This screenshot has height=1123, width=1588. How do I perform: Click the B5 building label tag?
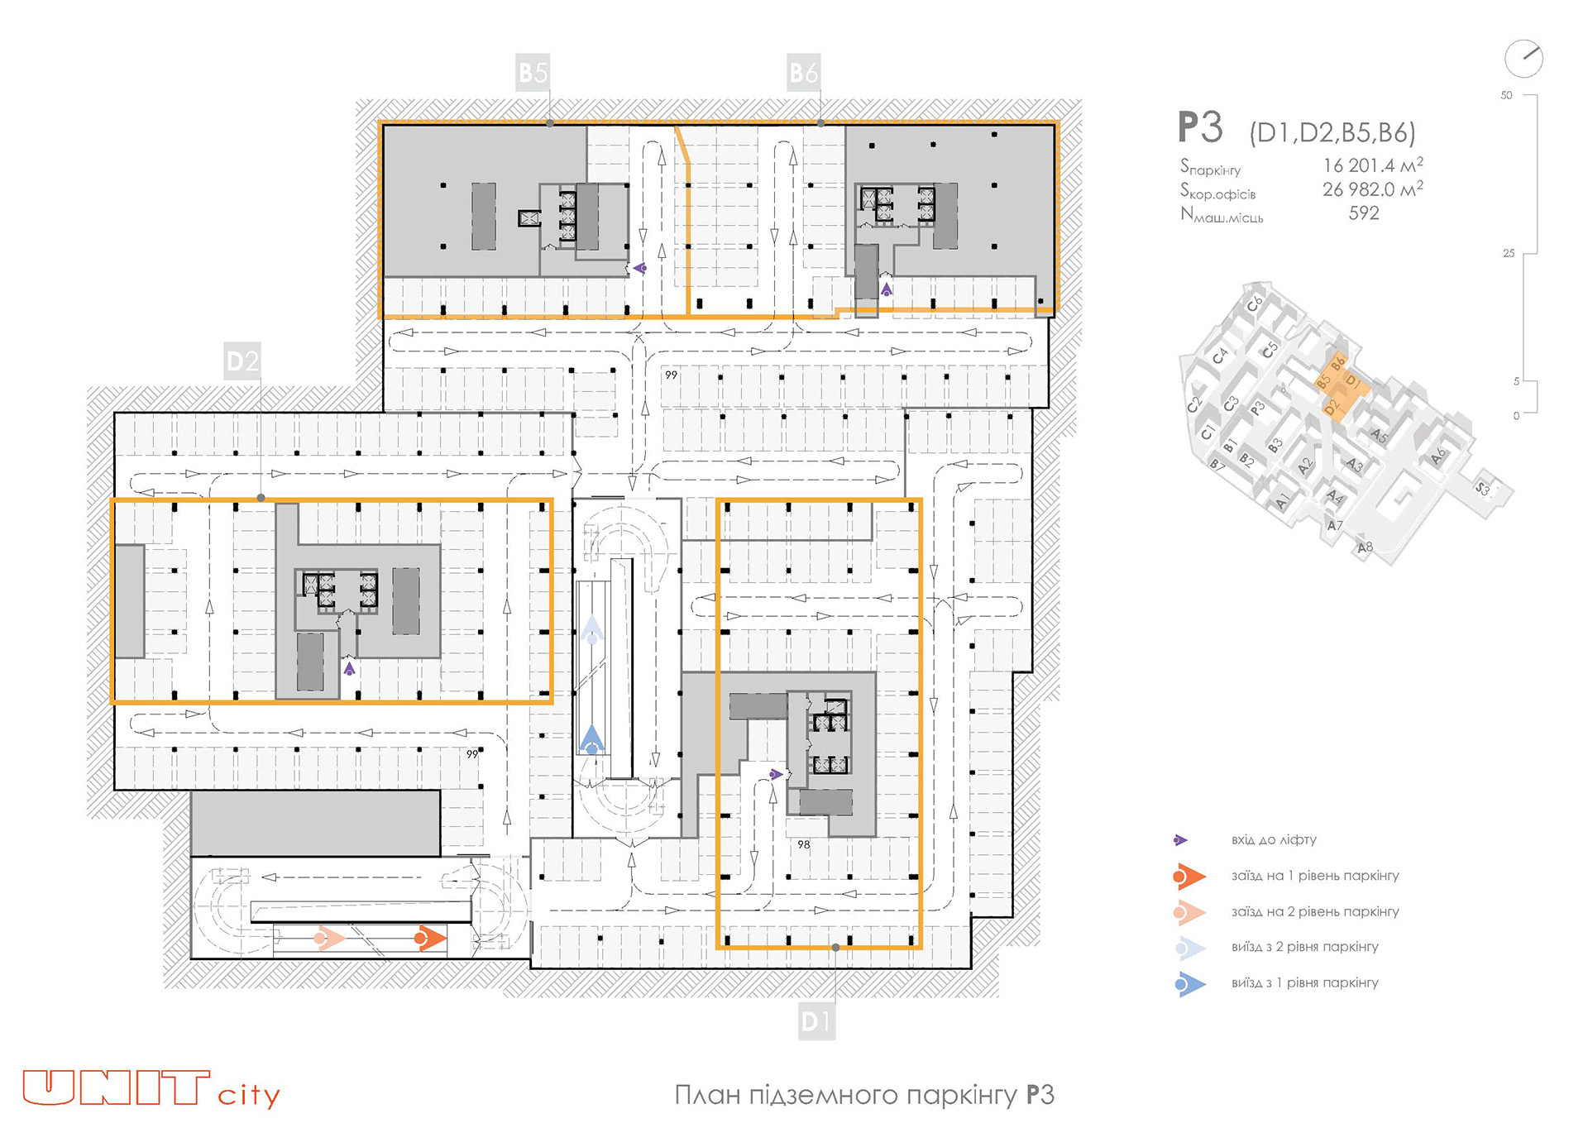pyautogui.click(x=533, y=73)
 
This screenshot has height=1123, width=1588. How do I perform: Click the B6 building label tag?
pyautogui.click(x=803, y=73)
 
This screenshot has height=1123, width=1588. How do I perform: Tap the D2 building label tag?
pyautogui.click(x=242, y=361)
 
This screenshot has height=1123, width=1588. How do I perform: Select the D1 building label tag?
pyautogui.click(x=816, y=1021)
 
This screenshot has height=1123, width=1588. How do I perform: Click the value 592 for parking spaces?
pyautogui.click(x=1364, y=213)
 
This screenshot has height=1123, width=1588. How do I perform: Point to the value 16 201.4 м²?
pyautogui.click(x=1372, y=165)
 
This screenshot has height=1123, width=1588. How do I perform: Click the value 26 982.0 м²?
pyautogui.click(x=1372, y=189)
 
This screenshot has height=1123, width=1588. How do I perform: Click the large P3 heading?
pyautogui.click(x=1200, y=128)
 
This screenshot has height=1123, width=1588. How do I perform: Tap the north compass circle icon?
pyautogui.click(x=1523, y=59)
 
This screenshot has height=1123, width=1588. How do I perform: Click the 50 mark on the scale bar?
pyautogui.click(x=1506, y=95)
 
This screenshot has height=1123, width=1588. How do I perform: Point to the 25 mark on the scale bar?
pyautogui.click(x=1509, y=253)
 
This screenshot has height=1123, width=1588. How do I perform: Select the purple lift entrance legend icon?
pyautogui.click(x=1180, y=840)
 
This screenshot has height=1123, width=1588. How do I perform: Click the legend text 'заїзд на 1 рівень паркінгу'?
pyautogui.click(x=1315, y=876)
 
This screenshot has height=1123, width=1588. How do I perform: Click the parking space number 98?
pyautogui.click(x=804, y=844)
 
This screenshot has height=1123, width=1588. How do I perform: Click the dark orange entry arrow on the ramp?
pyautogui.click(x=430, y=939)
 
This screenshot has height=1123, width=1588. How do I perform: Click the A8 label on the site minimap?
pyautogui.click(x=1365, y=547)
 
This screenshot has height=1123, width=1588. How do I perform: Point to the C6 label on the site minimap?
pyautogui.click(x=1255, y=303)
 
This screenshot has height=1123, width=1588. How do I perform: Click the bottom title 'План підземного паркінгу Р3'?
pyautogui.click(x=864, y=1095)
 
